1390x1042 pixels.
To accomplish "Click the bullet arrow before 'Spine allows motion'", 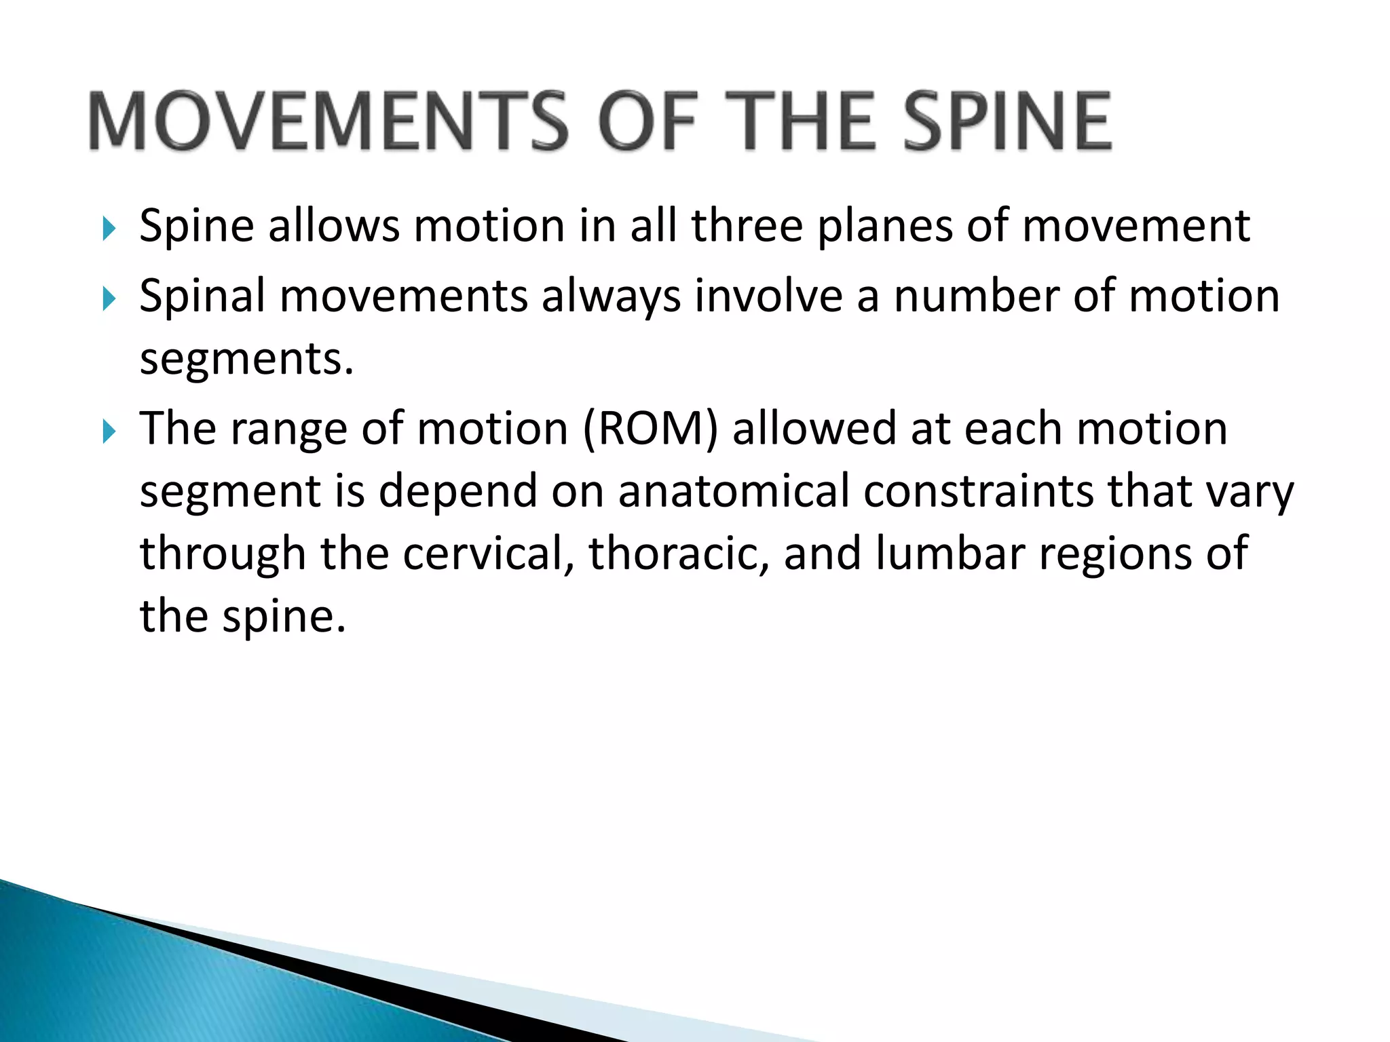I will coord(109,229).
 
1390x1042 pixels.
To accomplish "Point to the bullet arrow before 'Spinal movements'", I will coord(109,298).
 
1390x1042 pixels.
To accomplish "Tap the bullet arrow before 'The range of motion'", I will coord(109,431).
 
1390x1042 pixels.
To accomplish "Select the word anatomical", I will coord(734,491).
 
